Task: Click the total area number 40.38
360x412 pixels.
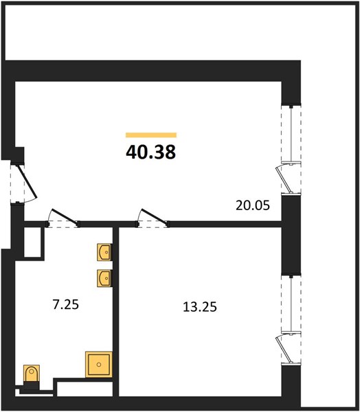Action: click(150, 152)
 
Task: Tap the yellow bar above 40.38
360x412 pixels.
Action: click(151, 135)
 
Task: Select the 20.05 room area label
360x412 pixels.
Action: click(253, 205)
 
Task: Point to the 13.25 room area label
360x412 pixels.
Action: click(200, 307)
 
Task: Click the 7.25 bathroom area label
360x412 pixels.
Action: click(66, 305)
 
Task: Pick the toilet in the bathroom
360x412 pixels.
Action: click(32, 374)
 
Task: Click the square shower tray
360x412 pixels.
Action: click(99, 365)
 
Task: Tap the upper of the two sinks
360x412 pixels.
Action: click(104, 252)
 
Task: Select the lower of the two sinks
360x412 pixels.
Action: click(104, 278)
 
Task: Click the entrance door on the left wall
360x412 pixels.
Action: click(27, 182)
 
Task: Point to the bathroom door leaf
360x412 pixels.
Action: click(65, 217)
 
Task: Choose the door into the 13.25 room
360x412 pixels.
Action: click(155, 217)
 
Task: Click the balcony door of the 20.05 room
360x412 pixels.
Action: click(283, 179)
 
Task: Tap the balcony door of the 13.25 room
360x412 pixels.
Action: click(283, 349)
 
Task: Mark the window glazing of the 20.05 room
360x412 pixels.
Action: click(291, 134)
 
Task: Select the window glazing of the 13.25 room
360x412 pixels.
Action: click(291, 304)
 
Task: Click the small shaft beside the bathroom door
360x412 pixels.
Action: click(32, 242)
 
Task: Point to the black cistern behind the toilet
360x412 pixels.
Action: click(32, 386)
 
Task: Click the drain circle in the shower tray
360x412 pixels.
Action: click(99, 365)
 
